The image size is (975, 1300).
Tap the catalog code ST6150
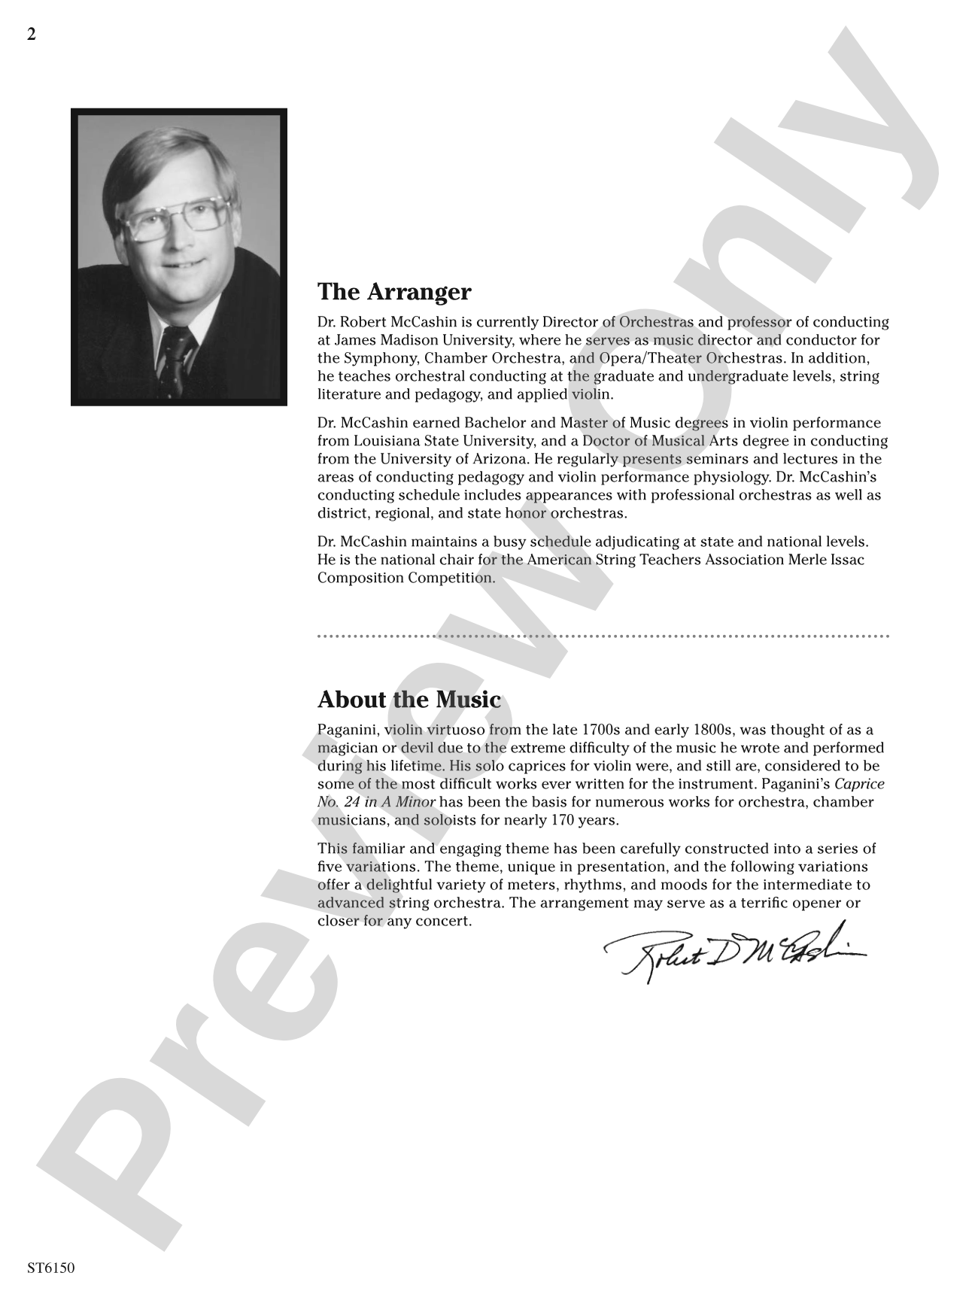coord(50,1268)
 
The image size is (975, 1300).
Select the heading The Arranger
coord(394,292)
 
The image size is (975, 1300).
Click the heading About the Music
coord(409,700)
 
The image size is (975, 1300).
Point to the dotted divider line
coord(603,636)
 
